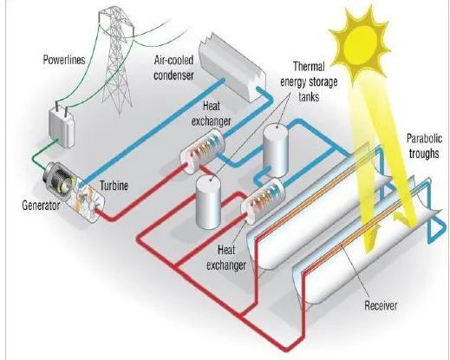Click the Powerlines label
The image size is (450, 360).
point(64,60)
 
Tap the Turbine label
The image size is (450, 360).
point(114,186)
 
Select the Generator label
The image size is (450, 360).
point(41,206)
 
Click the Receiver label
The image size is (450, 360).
point(381,305)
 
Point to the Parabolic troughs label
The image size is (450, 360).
point(424,146)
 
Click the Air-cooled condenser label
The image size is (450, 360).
point(173,68)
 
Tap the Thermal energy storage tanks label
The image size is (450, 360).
point(309,82)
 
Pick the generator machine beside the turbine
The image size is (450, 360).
point(59,177)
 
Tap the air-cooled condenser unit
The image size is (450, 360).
point(232,67)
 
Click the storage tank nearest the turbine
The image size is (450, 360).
point(208,201)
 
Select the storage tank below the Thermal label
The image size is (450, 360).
point(276,150)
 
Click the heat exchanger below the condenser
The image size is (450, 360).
point(202,151)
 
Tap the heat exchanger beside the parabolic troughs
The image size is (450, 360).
point(263,200)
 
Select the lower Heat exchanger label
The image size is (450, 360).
point(226,258)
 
